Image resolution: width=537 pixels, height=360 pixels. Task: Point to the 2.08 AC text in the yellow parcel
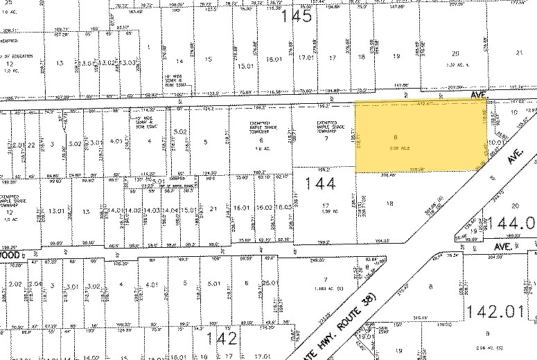point(395,147)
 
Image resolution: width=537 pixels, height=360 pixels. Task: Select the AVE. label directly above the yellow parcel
point(479,93)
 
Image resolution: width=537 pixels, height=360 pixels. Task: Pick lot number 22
point(30,144)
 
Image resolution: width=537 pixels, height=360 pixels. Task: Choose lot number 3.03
point(128,62)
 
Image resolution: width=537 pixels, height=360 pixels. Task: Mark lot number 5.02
point(180,132)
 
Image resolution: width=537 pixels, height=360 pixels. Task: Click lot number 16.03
point(283,207)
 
